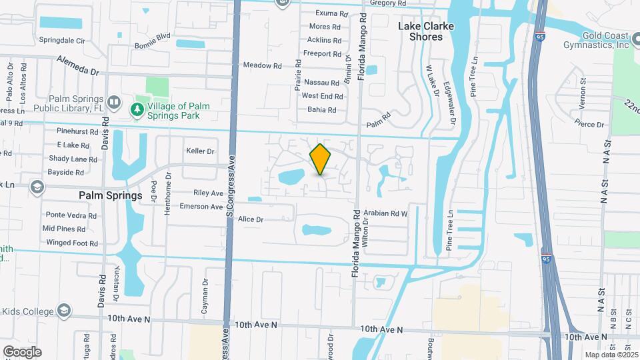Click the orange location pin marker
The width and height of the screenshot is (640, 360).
click(320, 160)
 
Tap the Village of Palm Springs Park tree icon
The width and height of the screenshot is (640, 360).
click(137, 109)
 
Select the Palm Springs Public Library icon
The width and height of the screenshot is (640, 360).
click(114, 102)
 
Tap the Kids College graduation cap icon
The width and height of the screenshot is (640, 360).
click(63, 311)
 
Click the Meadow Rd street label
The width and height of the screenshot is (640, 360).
click(262, 65)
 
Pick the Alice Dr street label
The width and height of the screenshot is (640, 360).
click(251, 219)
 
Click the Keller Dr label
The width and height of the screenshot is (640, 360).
click(200, 151)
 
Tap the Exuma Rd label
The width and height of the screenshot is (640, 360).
click(331, 13)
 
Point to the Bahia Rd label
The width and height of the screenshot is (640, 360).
click(322, 109)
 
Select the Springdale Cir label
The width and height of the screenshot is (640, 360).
click(62, 41)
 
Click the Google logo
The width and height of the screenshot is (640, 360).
click(21, 352)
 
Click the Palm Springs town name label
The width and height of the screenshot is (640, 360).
click(110, 196)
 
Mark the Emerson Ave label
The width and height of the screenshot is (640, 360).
click(201, 207)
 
